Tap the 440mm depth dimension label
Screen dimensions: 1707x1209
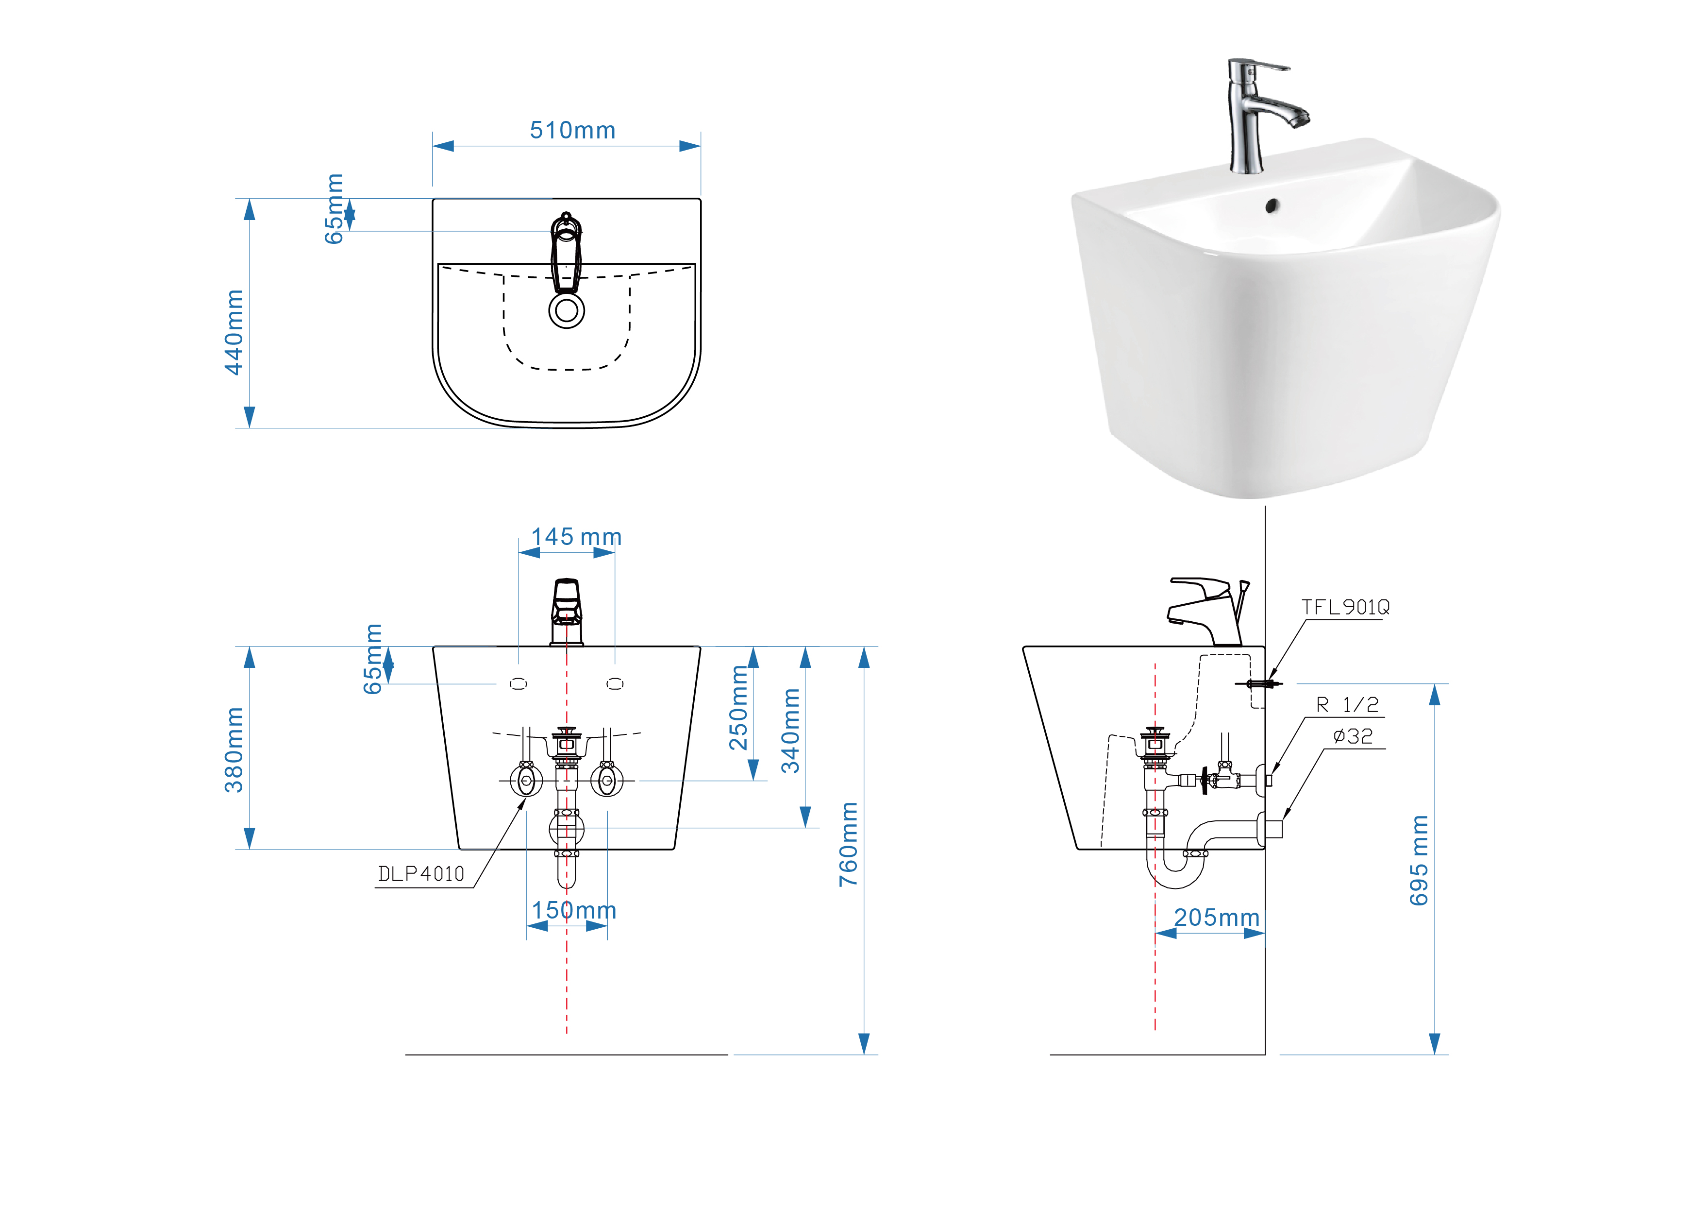[x=234, y=333]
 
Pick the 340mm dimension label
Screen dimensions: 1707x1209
[x=790, y=731]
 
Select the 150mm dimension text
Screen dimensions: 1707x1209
[x=574, y=910]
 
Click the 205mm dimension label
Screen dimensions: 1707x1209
[x=1217, y=917]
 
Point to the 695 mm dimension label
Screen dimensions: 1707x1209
[x=1419, y=861]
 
